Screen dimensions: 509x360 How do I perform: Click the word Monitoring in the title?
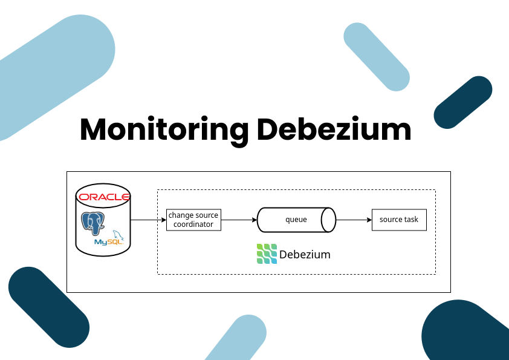pos(164,131)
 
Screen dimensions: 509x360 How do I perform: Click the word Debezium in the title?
pos(334,129)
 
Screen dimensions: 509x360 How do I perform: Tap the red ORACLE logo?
pos(104,197)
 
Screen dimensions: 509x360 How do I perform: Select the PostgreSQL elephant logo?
pos(93,223)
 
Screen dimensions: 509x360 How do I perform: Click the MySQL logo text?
pos(108,242)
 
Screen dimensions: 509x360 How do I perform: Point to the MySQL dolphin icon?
pos(118,235)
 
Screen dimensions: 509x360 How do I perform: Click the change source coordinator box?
pos(193,220)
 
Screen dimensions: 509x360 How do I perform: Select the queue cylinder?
pos(296,220)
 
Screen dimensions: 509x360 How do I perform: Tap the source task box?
pos(399,220)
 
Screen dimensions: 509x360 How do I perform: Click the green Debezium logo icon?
pos(267,254)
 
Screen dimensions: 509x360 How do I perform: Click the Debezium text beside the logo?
pos(305,254)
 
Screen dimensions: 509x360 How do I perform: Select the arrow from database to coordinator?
pos(148,220)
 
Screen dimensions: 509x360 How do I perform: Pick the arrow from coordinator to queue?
pos(239,220)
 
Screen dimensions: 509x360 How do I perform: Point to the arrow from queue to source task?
pos(354,220)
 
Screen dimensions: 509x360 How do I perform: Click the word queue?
pos(296,220)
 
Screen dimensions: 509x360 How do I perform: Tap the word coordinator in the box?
pos(193,224)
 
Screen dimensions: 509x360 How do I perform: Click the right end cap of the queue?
pos(328,220)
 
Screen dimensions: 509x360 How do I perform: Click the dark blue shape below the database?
pos(49,307)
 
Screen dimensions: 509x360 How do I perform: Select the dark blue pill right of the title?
pos(463,102)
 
